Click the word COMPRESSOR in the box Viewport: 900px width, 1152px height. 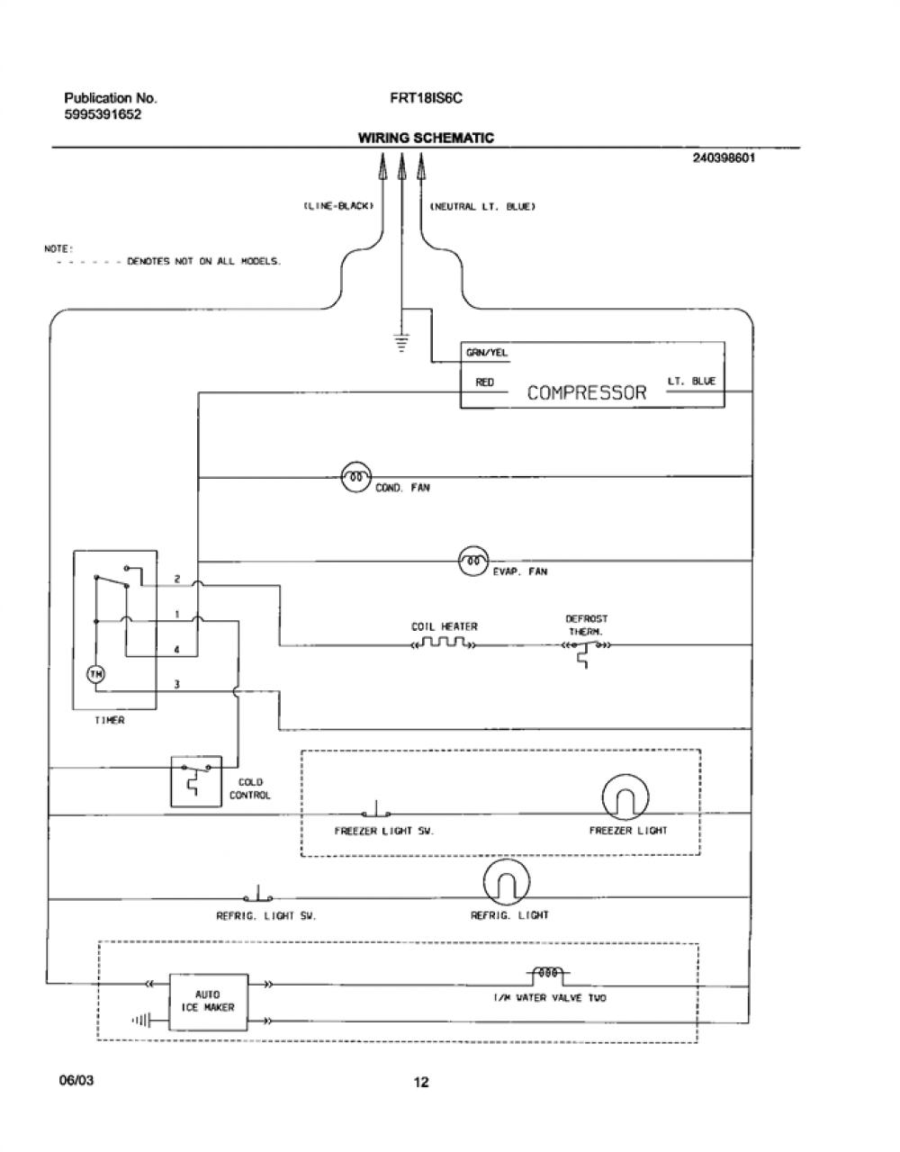coord(587,392)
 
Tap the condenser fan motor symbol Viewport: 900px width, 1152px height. coord(355,477)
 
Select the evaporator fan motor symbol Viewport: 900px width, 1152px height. coord(473,562)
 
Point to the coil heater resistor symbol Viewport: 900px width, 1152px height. coord(444,644)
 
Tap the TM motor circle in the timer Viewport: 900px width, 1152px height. coord(96,674)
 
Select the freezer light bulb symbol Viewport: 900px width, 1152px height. coord(625,797)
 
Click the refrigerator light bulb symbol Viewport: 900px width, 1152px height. coord(506,882)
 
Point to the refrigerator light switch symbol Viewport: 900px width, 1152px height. coord(258,895)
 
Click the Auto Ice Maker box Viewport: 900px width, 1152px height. coord(208,1002)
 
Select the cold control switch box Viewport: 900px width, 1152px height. coord(196,781)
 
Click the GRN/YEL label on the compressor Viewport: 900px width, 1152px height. coord(487,353)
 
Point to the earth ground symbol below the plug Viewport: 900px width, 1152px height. coord(402,343)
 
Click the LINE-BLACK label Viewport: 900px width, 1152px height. coord(338,206)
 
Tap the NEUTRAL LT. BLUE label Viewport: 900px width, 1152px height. coord(482,206)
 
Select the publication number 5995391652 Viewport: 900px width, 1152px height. coord(103,114)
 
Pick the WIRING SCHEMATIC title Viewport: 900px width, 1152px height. coord(426,138)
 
